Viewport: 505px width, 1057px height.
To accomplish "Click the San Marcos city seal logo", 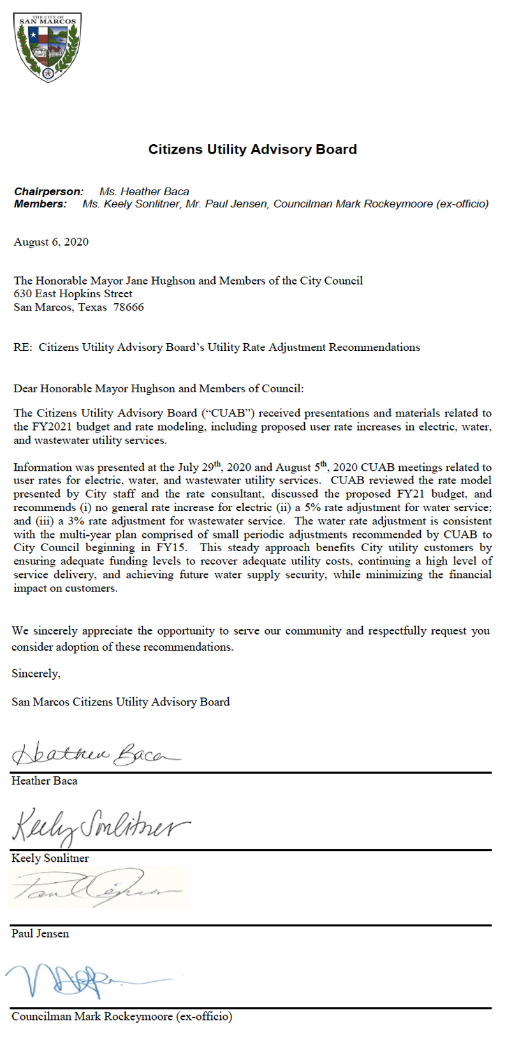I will pos(48,47).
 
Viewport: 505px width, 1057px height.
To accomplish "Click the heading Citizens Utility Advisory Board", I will pos(252,149).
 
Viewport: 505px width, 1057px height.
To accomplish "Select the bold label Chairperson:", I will pos(49,191).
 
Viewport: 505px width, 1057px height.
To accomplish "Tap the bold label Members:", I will pos(40,204).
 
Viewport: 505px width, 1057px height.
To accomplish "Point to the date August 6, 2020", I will pos(51,242).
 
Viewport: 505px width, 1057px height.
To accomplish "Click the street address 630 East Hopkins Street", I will pos(73,293).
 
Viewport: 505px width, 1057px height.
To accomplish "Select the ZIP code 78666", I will pos(129,307).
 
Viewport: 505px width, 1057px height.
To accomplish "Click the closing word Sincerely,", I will pos(36,673).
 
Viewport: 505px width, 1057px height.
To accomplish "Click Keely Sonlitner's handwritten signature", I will pos(101,827).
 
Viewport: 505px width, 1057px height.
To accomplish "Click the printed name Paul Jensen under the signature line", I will pos(40,933).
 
